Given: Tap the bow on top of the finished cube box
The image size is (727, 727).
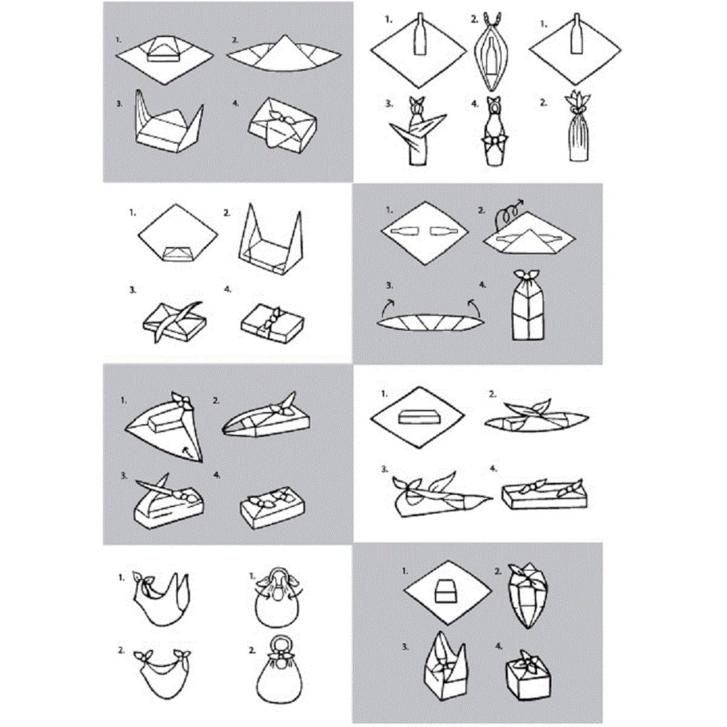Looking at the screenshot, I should click(x=523, y=659).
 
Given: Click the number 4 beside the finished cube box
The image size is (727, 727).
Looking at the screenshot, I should click(x=499, y=646).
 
